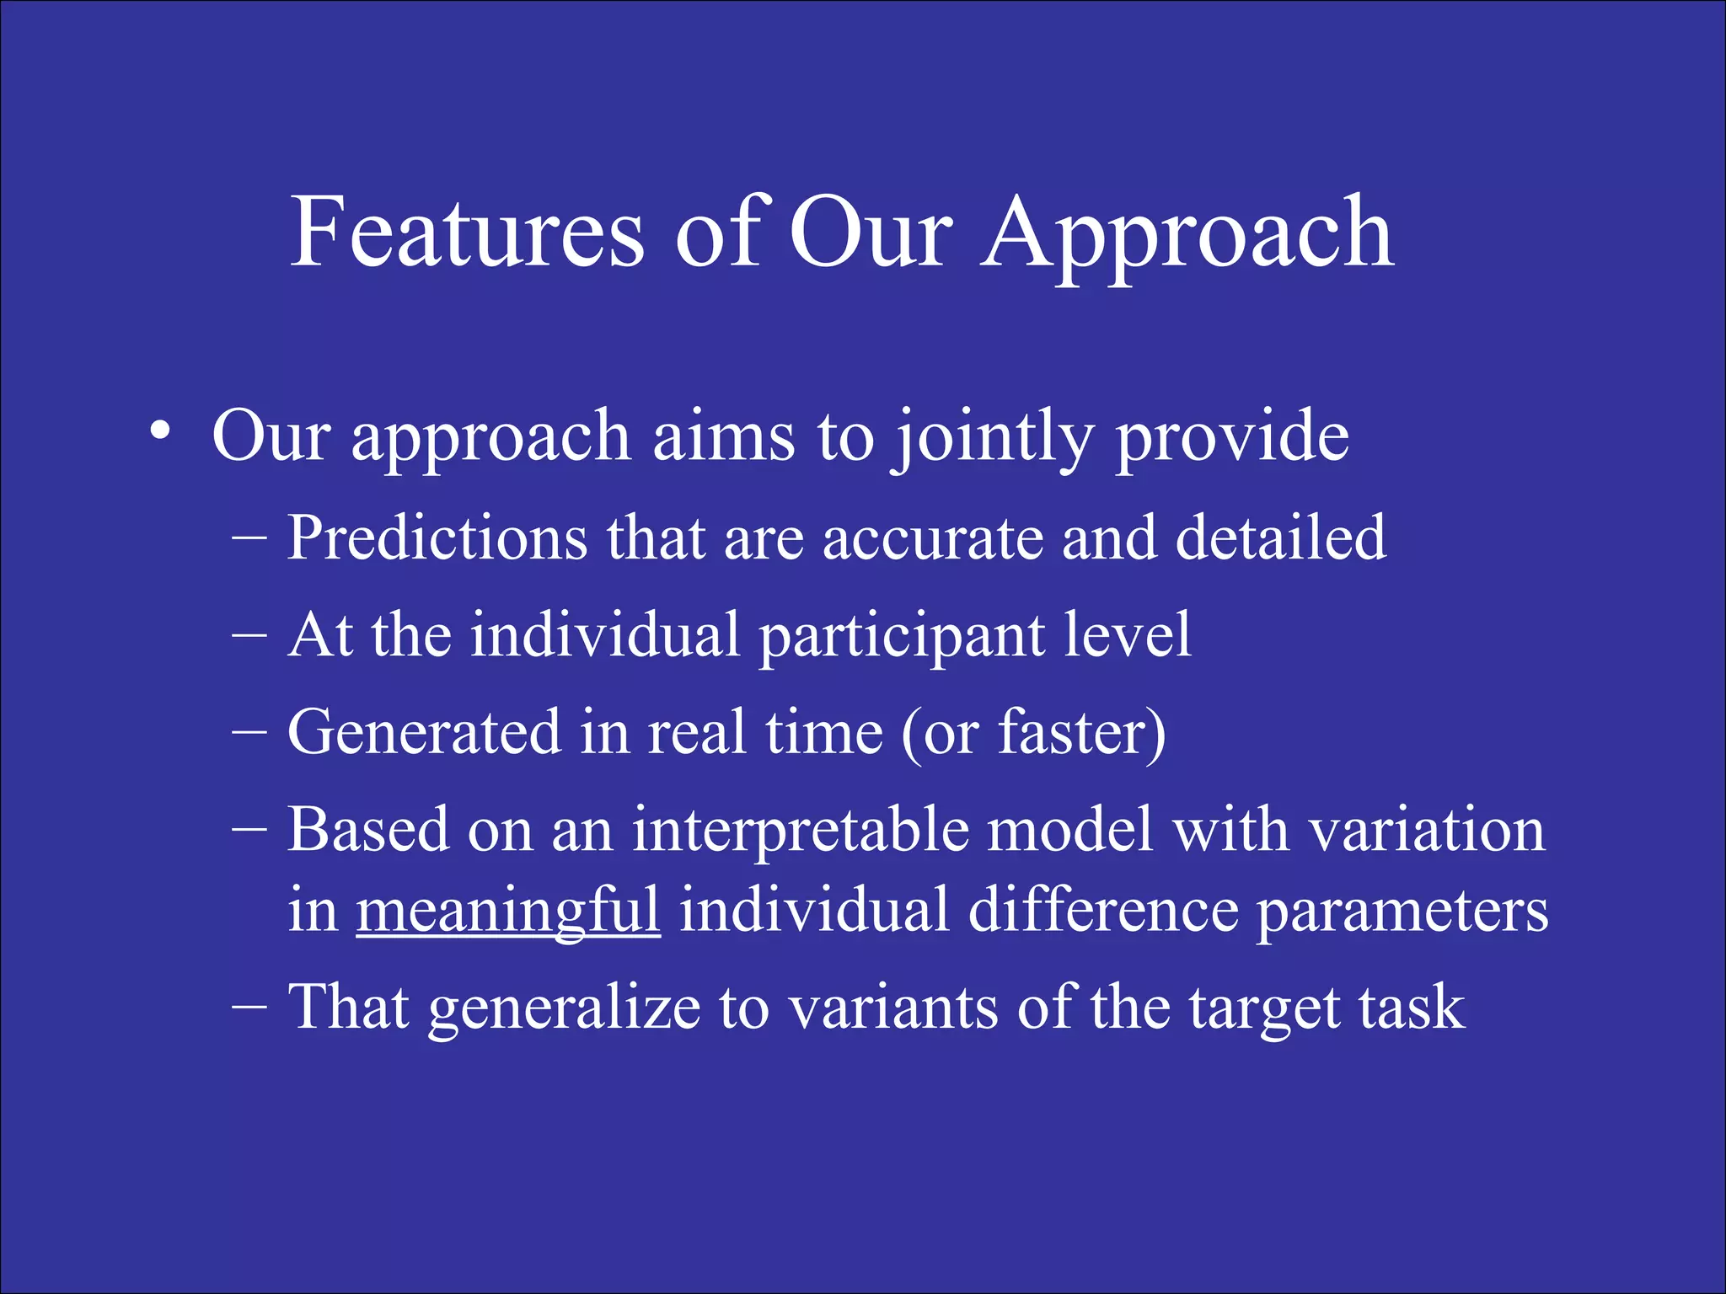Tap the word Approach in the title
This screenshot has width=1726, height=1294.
click(1187, 236)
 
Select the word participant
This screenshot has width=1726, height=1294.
click(901, 637)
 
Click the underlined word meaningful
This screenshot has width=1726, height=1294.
click(507, 912)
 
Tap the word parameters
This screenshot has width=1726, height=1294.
click(1402, 912)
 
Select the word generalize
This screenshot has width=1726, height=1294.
click(564, 1008)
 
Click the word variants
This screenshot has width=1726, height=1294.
click(893, 1008)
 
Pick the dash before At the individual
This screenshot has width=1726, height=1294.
click(249, 634)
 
